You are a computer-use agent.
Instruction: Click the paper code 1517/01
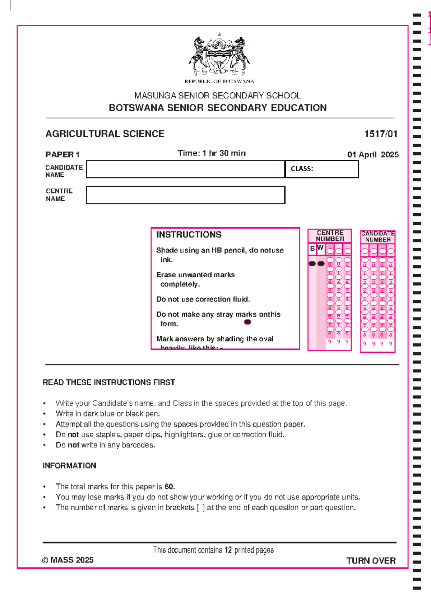(380, 134)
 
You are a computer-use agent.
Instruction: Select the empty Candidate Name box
(185, 169)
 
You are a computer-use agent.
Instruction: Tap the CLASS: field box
(322, 169)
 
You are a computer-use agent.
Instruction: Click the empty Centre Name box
(185, 195)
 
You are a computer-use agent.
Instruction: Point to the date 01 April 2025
(372, 155)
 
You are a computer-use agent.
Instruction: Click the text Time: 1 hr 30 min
(212, 153)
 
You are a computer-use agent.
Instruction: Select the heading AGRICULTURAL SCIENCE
(105, 134)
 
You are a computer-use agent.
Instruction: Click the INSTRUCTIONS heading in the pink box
(189, 235)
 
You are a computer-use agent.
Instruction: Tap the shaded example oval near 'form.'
(247, 322)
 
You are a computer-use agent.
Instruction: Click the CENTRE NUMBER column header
(330, 236)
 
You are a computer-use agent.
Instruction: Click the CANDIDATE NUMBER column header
(378, 237)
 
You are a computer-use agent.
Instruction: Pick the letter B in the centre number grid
(312, 248)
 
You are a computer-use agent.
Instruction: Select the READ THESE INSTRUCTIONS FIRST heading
(109, 382)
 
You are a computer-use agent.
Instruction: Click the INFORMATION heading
(69, 466)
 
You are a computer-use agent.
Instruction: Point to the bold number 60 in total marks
(169, 487)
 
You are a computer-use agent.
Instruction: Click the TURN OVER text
(371, 561)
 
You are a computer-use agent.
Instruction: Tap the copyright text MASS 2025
(68, 560)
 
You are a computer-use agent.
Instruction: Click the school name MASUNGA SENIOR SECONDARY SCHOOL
(218, 96)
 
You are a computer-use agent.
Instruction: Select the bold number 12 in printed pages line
(228, 550)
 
